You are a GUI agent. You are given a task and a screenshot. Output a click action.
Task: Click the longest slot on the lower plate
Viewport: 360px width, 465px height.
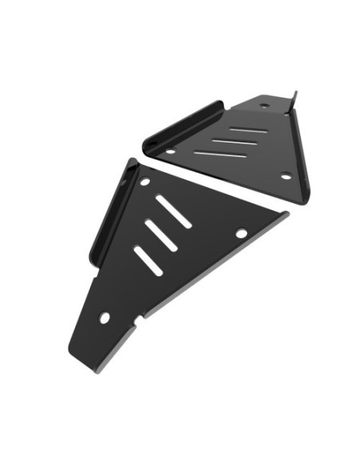(x=173, y=211)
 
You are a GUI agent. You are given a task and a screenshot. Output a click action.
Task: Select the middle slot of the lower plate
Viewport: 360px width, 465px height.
(x=160, y=236)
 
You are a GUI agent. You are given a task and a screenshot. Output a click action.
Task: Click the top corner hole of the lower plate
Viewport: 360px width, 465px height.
(x=144, y=182)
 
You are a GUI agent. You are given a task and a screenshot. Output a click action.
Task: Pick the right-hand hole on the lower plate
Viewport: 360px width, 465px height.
(x=241, y=233)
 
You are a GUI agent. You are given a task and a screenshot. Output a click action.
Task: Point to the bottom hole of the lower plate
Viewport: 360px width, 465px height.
(x=104, y=317)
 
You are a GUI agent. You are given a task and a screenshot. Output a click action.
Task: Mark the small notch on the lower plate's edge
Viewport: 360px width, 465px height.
(x=140, y=321)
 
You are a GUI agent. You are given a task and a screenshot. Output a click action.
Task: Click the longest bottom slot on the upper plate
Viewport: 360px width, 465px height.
(x=219, y=153)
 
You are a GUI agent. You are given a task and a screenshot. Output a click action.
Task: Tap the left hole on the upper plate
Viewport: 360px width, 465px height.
(x=170, y=150)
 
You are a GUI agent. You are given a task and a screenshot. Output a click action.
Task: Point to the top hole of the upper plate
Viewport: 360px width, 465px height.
(x=264, y=106)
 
